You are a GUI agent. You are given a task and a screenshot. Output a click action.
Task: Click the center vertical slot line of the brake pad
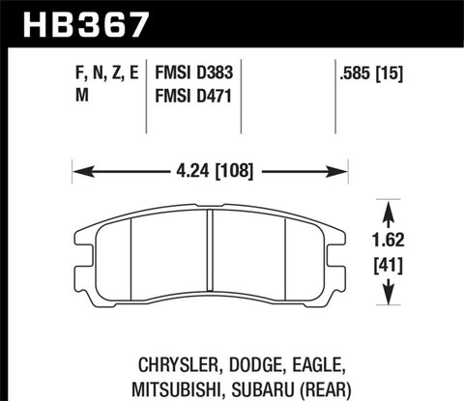coord(209,256)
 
